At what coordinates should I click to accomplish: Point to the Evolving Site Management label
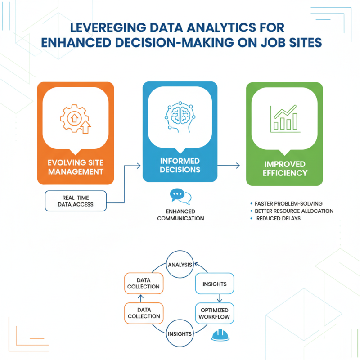(76, 166)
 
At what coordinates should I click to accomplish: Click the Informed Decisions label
(180, 166)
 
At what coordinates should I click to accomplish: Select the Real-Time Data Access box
(76, 201)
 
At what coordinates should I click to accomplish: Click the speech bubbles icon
(180, 196)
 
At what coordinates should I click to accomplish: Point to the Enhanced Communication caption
(180, 215)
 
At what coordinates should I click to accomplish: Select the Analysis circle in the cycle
(180, 265)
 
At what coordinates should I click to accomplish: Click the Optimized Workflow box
(215, 314)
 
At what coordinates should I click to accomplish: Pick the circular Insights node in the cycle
(180, 334)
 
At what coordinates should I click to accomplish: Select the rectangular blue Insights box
(215, 284)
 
